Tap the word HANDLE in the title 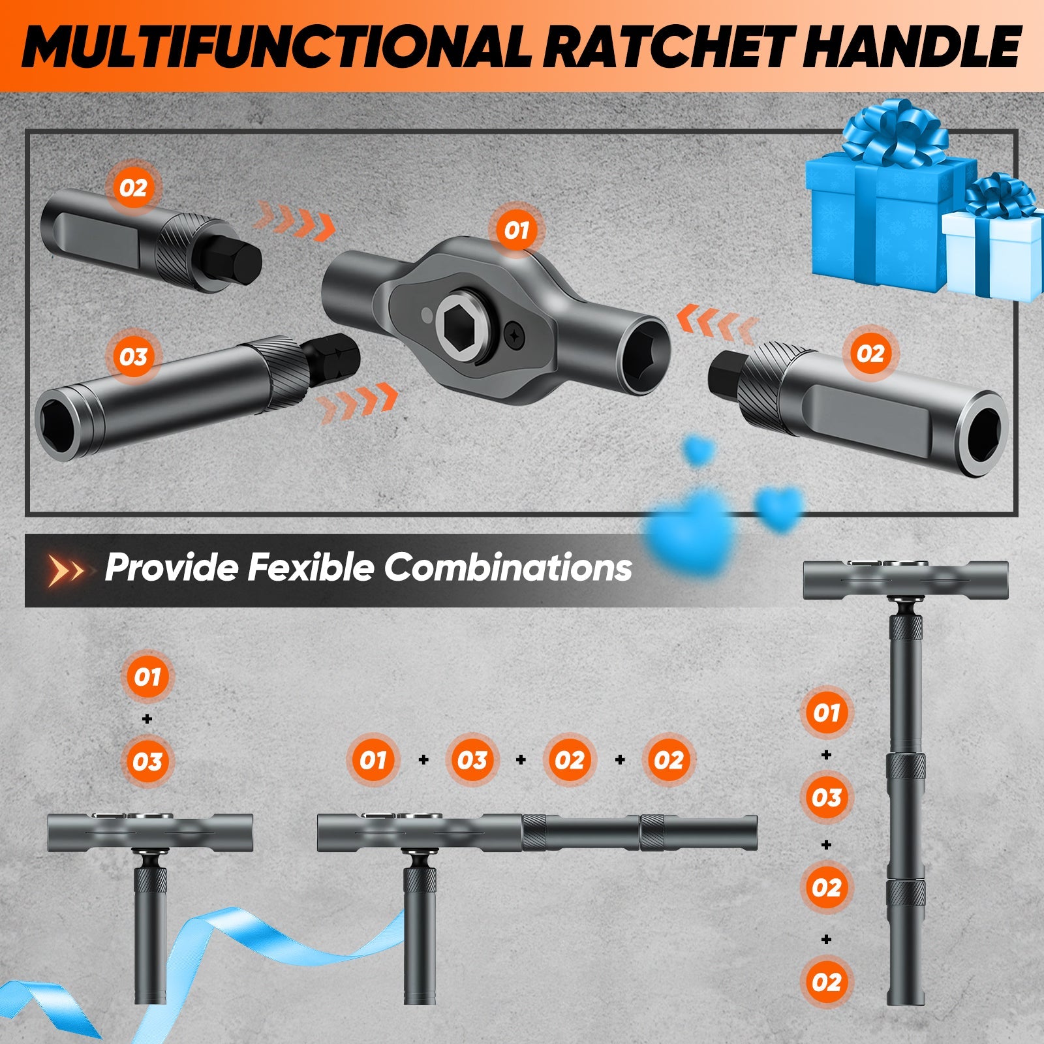point(913,46)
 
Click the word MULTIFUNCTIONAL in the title point(277,46)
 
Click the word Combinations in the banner point(508,567)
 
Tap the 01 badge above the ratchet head point(515,230)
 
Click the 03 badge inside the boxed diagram point(133,356)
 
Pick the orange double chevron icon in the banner point(67,570)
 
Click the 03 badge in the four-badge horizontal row point(472,760)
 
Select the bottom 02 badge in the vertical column point(826,982)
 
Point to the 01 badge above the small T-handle point(147,677)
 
